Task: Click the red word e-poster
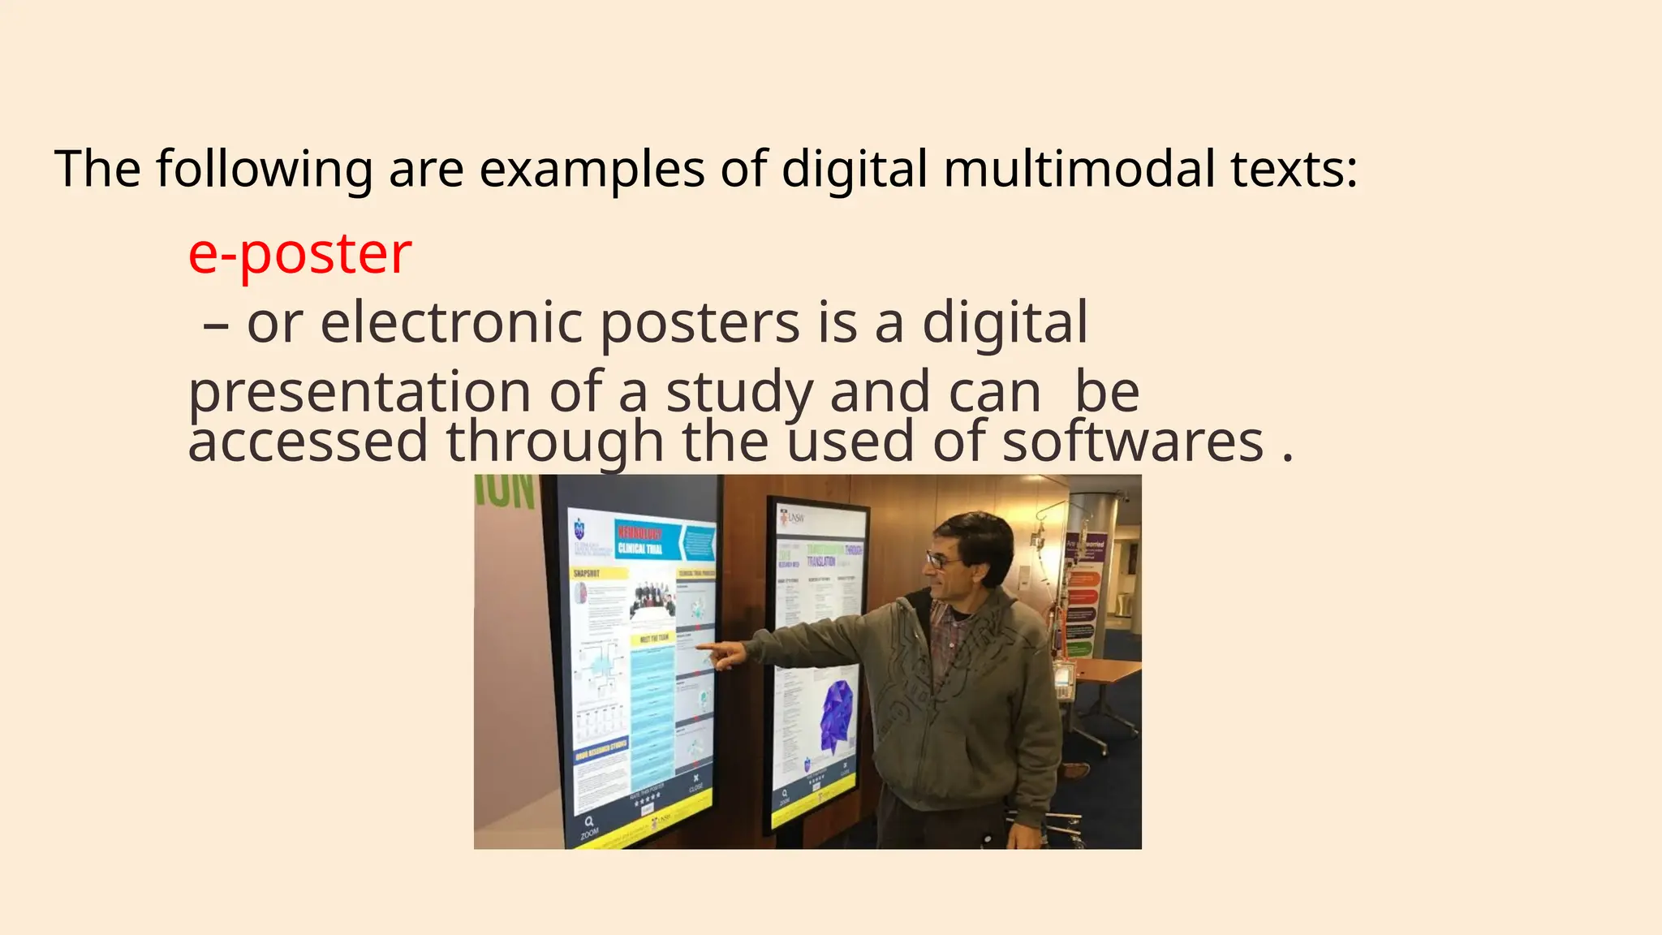coord(299,254)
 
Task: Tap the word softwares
coord(1133,442)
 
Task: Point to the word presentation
coord(360,392)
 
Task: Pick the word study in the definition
coord(739,392)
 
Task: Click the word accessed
coord(308,442)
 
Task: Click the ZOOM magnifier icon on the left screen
coord(588,821)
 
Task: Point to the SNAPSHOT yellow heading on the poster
coord(587,573)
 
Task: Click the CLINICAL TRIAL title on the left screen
coord(640,549)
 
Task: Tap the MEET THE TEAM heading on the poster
coord(655,638)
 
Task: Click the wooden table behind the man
coord(1103,671)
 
